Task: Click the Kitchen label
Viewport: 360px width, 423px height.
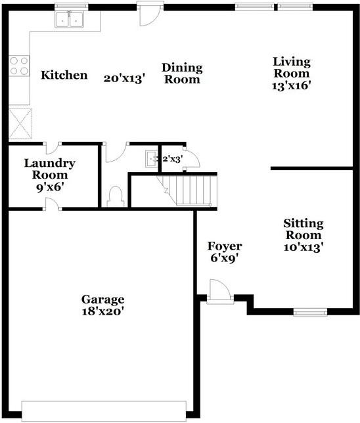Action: click(x=64, y=75)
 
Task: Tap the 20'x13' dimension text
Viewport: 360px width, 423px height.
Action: click(x=125, y=79)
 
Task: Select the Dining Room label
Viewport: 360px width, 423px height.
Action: click(x=182, y=74)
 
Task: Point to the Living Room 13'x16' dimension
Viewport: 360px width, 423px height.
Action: click(x=292, y=86)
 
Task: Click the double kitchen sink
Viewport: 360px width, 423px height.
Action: click(x=70, y=20)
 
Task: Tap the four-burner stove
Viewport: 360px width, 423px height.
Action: click(x=19, y=66)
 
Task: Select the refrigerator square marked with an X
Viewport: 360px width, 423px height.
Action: click(x=20, y=123)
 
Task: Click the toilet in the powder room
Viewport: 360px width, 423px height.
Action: click(x=116, y=196)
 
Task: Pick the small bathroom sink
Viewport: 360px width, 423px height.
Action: click(x=152, y=159)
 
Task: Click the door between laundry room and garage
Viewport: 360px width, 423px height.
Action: click(x=53, y=204)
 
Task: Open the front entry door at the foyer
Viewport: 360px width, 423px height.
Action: click(x=220, y=292)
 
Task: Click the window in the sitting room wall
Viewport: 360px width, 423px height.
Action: click(x=310, y=313)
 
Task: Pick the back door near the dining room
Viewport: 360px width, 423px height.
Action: click(x=150, y=14)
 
